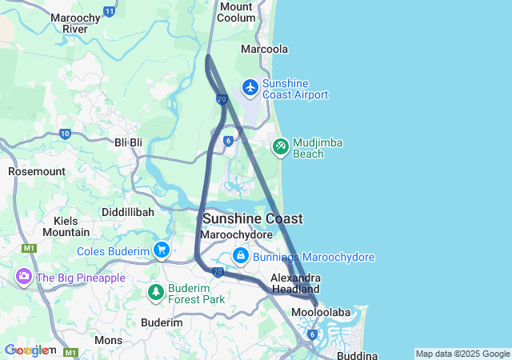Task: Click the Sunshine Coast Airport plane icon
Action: pos(251,86)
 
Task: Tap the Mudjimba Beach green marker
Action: pos(280,146)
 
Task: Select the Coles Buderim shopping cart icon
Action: pos(162,250)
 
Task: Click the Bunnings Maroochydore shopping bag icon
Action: pos(240,256)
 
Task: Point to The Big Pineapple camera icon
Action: pos(23,277)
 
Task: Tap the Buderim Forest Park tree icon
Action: pos(156,293)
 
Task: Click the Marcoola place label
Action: pos(265,49)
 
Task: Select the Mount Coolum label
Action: pos(236,12)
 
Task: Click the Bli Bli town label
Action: pos(128,142)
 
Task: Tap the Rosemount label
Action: pos(36,171)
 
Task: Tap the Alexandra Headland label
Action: pos(295,283)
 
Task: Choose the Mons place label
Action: pos(109,339)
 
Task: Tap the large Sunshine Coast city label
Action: pos(252,218)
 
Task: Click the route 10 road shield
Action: pos(65,134)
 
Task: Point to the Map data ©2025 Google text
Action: pos(462,354)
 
